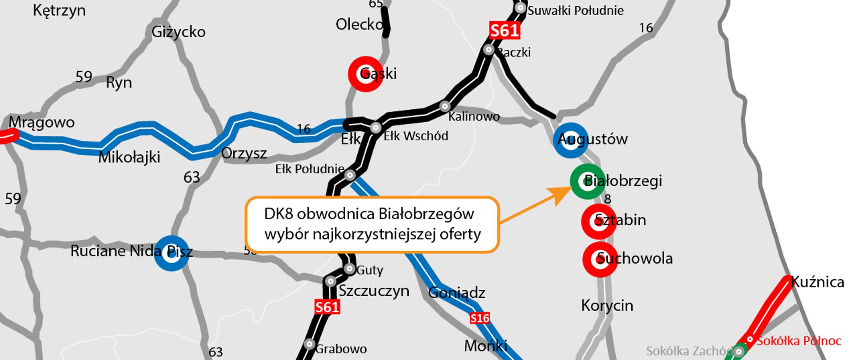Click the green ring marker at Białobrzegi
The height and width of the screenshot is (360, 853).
click(588, 181)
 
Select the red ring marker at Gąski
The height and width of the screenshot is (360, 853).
click(366, 74)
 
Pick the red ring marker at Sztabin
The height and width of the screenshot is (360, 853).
click(599, 221)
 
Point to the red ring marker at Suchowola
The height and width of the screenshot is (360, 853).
click(600, 259)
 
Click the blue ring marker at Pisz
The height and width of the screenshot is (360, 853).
click(171, 253)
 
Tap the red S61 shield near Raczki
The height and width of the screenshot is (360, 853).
click(504, 30)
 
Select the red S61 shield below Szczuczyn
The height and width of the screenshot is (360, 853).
click(327, 307)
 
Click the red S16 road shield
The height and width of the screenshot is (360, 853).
click(480, 318)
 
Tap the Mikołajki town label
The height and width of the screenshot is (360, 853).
click(129, 157)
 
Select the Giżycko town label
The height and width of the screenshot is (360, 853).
click(178, 32)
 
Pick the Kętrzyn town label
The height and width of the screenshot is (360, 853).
click(59, 10)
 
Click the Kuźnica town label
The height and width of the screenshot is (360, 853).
click(817, 282)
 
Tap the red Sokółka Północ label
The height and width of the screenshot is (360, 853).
click(798, 341)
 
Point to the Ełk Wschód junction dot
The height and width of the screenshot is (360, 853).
click(376, 128)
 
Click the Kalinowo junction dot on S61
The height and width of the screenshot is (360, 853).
click(445, 106)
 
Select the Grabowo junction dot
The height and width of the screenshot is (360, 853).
click(309, 344)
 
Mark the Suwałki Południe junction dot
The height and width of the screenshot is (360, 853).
click(520, 8)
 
